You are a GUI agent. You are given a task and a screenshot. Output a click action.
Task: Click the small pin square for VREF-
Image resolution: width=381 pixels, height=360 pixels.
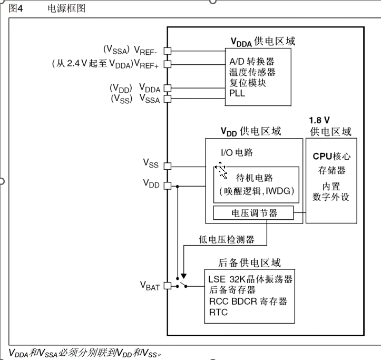click(x=168, y=51)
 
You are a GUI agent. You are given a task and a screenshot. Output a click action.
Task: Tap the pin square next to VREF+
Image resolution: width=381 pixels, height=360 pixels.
click(x=168, y=64)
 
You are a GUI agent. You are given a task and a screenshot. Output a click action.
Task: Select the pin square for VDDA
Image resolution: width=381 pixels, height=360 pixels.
click(x=168, y=88)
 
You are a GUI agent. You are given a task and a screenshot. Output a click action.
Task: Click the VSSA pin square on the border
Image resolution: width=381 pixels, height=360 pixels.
click(x=168, y=98)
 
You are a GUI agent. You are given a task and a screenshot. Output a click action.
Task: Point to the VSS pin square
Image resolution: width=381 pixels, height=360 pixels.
click(x=168, y=166)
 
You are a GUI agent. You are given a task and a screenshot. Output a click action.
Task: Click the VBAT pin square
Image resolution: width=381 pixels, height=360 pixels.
click(x=168, y=286)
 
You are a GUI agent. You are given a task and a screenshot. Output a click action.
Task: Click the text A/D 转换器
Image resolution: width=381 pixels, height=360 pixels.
click(x=252, y=61)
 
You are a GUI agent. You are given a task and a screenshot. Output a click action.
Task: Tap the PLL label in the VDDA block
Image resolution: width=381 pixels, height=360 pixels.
click(x=237, y=93)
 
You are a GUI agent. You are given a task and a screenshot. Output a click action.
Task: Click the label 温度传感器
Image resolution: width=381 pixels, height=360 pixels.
click(x=252, y=72)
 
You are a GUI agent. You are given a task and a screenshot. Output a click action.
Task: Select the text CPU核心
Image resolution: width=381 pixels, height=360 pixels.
click(x=331, y=157)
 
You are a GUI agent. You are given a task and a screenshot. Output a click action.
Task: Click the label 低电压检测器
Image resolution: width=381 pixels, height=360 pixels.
click(x=227, y=239)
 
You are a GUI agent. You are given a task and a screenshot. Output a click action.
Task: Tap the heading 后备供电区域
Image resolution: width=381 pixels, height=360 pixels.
click(x=249, y=262)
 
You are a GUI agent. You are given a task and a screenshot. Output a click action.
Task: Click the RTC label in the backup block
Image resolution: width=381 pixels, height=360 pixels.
click(x=218, y=313)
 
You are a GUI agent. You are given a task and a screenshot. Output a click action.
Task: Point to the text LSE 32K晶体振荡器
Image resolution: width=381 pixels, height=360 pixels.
click(x=250, y=279)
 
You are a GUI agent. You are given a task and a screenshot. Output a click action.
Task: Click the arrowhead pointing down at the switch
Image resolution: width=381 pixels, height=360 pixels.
click(x=183, y=276)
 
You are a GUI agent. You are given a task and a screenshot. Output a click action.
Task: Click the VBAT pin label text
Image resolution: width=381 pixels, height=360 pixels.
click(x=150, y=286)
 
